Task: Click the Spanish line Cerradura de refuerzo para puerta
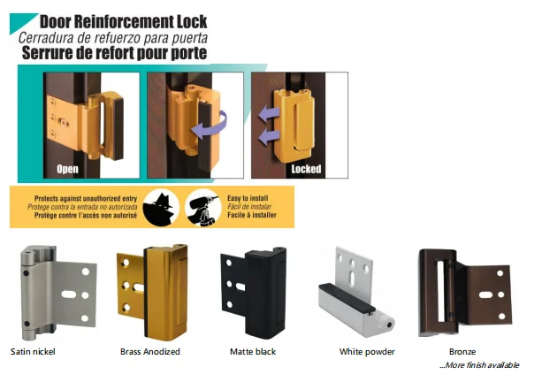click(x=124, y=36)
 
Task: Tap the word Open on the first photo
click(x=69, y=168)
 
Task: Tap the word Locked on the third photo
click(x=306, y=168)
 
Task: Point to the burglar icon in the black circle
click(x=161, y=206)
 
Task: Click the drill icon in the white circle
click(x=202, y=206)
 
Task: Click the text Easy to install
click(x=252, y=200)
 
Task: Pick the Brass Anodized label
click(x=149, y=352)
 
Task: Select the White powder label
click(x=364, y=352)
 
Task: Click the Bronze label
click(x=462, y=352)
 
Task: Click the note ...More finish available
click(x=479, y=366)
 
